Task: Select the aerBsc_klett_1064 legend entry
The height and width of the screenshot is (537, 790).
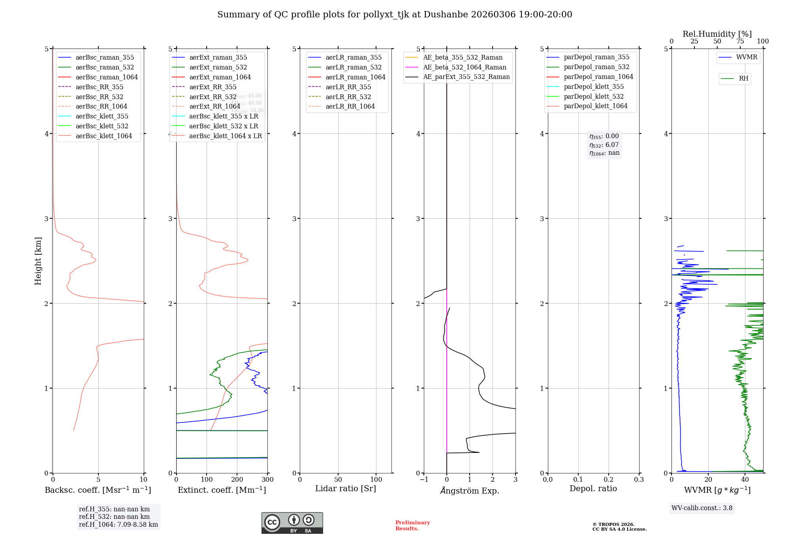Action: click(104, 136)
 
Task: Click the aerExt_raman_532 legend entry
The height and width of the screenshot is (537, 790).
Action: click(218, 67)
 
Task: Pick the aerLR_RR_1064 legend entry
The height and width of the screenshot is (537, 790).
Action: click(350, 106)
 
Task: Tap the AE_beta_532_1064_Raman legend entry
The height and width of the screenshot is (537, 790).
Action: click(465, 67)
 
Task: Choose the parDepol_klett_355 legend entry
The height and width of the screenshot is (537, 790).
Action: click(594, 86)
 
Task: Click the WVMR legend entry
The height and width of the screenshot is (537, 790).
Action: click(747, 57)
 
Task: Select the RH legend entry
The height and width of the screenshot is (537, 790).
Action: click(743, 79)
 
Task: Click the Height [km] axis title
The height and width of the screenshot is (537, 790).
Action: click(38, 261)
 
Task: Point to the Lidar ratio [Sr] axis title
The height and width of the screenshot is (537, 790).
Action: click(346, 488)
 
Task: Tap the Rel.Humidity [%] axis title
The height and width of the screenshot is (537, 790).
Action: click(717, 34)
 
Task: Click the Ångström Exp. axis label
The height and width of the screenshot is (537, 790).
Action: click(470, 490)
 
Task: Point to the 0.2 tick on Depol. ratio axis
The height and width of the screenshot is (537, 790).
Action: click(609, 479)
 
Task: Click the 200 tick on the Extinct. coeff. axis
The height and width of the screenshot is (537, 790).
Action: click(237, 479)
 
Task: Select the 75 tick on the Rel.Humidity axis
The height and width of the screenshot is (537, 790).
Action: click(740, 41)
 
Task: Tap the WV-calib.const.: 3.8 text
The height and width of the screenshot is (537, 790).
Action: click(702, 508)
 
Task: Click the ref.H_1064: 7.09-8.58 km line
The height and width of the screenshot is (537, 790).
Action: click(118, 524)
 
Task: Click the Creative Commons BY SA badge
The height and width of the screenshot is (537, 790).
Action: click(292, 523)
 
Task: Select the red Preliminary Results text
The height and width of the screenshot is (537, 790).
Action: click(412, 525)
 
